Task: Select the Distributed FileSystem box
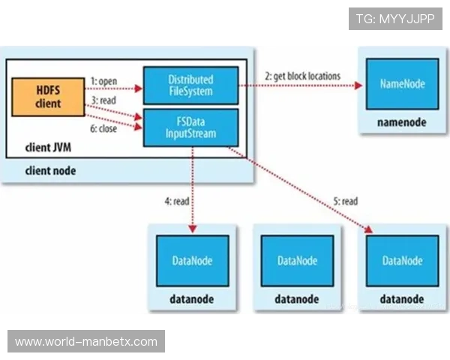click(x=190, y=85)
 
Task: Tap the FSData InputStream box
click(x=190, y=127)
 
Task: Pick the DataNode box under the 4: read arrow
click(x=192, y=260)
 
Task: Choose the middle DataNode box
click(x=297, y=260)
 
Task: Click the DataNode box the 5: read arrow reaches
click(x=401, y=260)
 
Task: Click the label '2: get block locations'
click(x=302, y=76)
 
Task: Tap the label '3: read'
click(x=104, y=99)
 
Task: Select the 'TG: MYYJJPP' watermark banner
click(x=395, y=18)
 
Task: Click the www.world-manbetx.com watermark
click(x=86, y=342)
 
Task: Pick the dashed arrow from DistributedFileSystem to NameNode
click(x=300, y=86)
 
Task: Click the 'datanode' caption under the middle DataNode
click(x=297, y=298)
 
